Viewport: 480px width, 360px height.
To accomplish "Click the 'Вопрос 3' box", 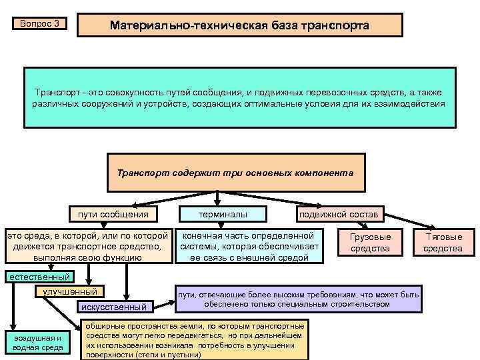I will (40, 24).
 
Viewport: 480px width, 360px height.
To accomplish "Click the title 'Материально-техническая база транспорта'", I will (240, 25).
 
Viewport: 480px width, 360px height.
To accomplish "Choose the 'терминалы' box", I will (223, 214).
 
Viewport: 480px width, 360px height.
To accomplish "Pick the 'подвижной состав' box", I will (339, 214).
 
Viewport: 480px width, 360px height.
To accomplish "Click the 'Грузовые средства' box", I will (371, 243).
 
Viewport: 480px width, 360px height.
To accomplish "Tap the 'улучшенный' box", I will (69, 291).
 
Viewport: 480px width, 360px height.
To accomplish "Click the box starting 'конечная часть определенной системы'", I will (248, 246).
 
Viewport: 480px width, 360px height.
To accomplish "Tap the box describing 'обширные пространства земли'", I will (195, 341).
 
